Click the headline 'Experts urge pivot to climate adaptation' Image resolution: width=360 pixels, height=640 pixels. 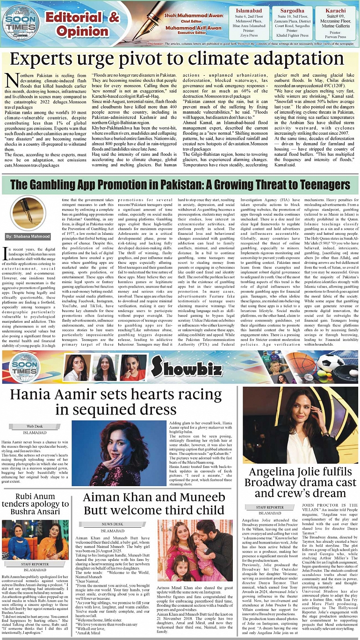coord(180,60)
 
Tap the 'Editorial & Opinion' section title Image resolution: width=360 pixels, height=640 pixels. coord(82,24)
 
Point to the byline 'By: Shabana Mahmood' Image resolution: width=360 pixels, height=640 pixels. coord(28,237)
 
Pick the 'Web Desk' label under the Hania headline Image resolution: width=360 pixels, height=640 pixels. coord(35,426)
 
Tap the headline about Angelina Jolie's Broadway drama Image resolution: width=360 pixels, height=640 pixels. coord(300,482)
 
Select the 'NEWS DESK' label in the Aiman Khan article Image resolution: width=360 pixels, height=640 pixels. coord(113,524)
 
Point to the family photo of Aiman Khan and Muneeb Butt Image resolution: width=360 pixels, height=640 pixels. coord(194,550)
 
